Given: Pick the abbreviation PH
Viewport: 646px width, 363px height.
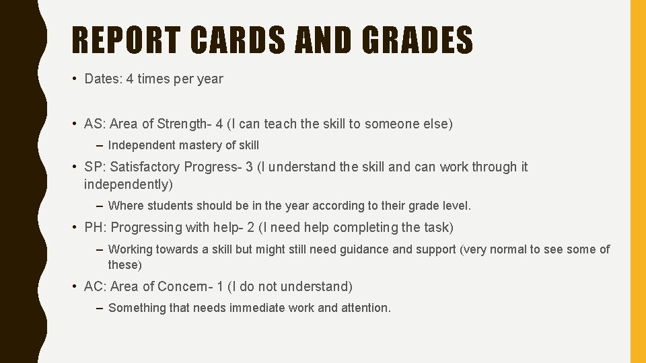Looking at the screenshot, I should point(93,227).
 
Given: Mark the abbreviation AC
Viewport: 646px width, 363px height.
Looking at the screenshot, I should point(93,286).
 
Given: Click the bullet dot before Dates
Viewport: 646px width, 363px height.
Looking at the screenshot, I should point(74,79).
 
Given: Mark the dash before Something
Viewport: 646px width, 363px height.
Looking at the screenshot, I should point(100,308).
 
